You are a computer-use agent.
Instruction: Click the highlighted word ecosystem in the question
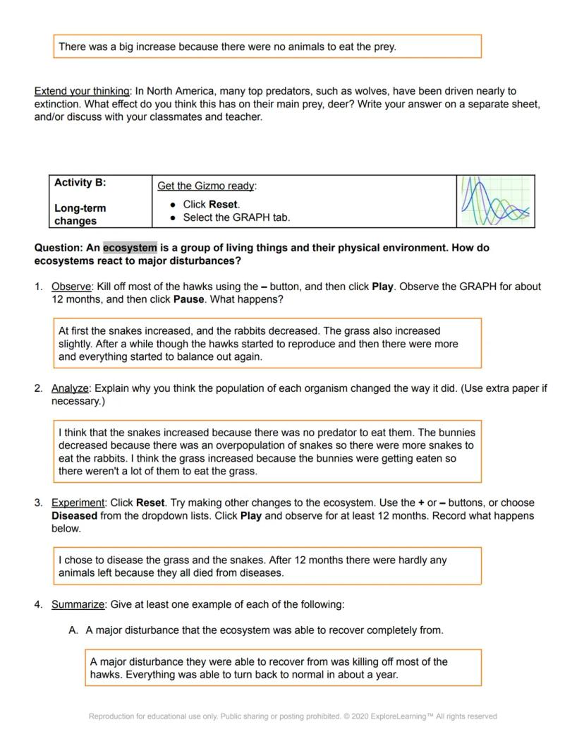tap(130, 248)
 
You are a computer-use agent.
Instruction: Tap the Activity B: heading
tap(80, 183)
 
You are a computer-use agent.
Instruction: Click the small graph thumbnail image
tap(495, 201)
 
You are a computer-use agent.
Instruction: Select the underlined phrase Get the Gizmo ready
tap(206, 186)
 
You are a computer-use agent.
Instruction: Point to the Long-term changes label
tap(80, 215)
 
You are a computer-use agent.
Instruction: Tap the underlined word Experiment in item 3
tap(78, 503)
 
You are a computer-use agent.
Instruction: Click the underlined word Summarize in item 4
tap(78, 605)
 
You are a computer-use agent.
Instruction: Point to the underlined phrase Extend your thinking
tap(82, 91)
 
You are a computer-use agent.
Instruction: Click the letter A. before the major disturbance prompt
tap(73, 630)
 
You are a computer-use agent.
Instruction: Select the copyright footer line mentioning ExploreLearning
tap(293, 716)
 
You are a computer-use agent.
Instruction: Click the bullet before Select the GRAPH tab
tap(174, 218)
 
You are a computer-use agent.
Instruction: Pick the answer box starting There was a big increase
tap(267, 47)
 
